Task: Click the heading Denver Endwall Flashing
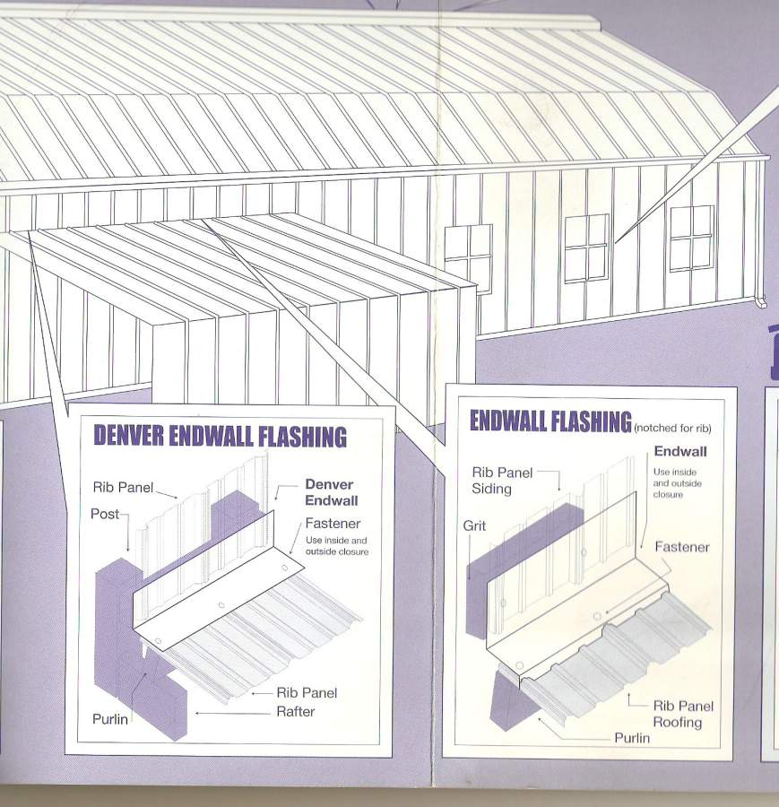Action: pos(221,437)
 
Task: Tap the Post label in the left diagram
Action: pos(105,514)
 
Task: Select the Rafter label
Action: pos(295,711)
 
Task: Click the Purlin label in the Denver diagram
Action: pos(110,719)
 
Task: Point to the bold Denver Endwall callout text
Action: pos(332,492)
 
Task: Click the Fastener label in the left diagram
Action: pos(333,524)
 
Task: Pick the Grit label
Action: pos(474,525)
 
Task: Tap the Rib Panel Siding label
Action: pos(502,481)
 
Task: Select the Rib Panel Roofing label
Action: pos(683,714)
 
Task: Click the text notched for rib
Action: pos(673,428)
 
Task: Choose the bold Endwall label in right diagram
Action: pos(680,451)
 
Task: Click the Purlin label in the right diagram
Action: pos(632,738)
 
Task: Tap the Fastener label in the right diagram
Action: pos(682,547)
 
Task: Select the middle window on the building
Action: pos(586,248)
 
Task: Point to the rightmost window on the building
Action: pos(691,239)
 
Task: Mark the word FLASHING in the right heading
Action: pos(591,421)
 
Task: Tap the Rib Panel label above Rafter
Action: pos(307,693)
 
